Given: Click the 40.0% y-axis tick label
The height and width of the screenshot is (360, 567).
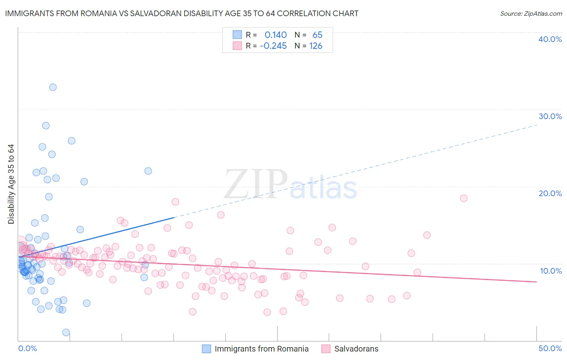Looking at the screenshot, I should [550, 39].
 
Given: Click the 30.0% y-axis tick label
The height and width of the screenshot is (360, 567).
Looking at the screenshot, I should [550, 116].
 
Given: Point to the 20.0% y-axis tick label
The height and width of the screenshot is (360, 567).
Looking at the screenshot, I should [550, 193].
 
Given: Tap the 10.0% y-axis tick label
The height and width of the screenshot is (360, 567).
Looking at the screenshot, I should [551, 271].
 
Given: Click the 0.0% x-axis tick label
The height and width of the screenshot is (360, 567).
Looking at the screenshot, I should [27, 348].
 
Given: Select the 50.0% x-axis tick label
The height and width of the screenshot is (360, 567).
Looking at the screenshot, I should [550, 348].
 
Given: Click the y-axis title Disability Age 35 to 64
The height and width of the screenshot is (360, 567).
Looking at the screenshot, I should [11, 184].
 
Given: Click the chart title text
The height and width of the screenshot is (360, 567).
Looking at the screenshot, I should [182, 13].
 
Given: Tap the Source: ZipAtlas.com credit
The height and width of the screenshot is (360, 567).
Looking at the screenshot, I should [531, 14].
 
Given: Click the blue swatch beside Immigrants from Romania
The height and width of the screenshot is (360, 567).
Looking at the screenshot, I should [206, 349].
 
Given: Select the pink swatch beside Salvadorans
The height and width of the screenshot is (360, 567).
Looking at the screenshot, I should [326, 349].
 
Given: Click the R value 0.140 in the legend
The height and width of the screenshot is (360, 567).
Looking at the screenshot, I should [275, 35].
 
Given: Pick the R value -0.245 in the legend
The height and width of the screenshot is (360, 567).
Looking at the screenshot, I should [273, 46].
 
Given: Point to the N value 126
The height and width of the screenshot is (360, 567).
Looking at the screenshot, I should [316, 46].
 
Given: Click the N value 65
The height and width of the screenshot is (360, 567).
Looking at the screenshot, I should [317, 35].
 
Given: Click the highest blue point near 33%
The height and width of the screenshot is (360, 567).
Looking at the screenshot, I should [53, 87].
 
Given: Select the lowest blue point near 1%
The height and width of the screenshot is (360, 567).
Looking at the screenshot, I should [66, 333].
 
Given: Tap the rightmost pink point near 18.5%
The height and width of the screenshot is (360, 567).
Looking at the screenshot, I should [464, 198].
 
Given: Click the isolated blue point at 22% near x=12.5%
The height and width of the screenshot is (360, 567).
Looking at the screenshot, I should [148, 171].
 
